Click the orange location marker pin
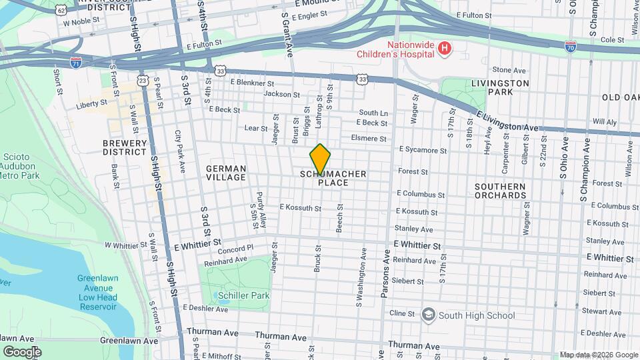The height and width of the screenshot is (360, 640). (320, 159)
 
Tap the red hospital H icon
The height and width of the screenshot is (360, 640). (443, 48)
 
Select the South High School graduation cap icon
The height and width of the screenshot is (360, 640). (427, 315)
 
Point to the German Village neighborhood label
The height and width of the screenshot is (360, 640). (225, 173)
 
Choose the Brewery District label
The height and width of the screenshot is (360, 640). (124, 147)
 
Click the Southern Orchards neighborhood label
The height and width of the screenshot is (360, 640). (500, 191)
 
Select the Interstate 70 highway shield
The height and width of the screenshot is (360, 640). (569, 47)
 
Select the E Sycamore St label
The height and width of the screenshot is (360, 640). (423, 151)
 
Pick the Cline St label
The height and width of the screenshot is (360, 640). (402, 313)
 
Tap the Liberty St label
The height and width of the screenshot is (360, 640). (91, 104)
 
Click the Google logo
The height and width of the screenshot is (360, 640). (22, 351)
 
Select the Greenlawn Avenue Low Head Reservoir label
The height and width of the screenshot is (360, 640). (97, 292)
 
